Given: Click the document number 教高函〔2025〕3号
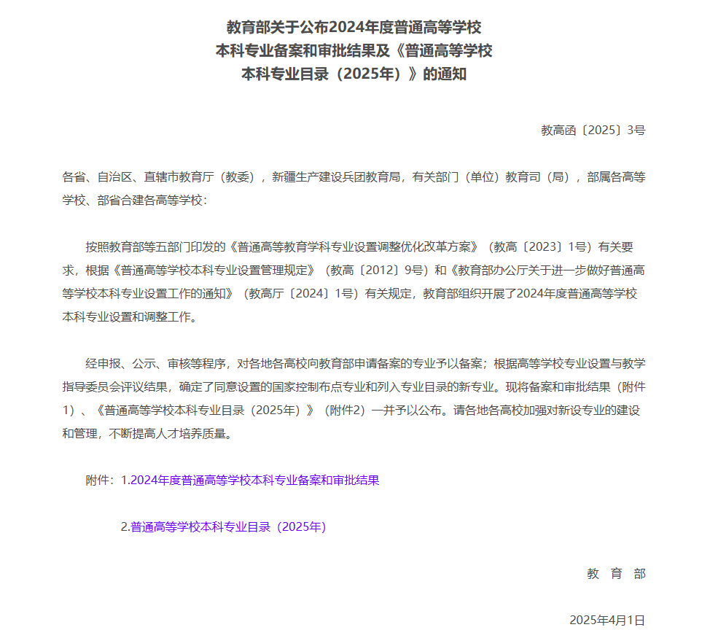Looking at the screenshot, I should click(593, 131).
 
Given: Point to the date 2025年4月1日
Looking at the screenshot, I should click(607, 621).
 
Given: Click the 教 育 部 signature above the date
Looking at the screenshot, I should click(616, 574).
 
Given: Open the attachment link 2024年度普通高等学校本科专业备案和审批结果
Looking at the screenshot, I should click(255, 481).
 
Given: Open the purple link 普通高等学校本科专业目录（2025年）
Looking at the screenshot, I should click(228, 527).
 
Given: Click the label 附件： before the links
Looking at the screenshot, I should click(101, 481).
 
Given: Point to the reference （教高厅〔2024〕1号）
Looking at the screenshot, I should click(300, 294).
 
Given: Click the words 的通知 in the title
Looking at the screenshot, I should click(445, 74).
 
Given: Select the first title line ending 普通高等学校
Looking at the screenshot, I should click(354, 28).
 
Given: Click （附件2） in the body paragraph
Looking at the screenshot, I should click(343, 411).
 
